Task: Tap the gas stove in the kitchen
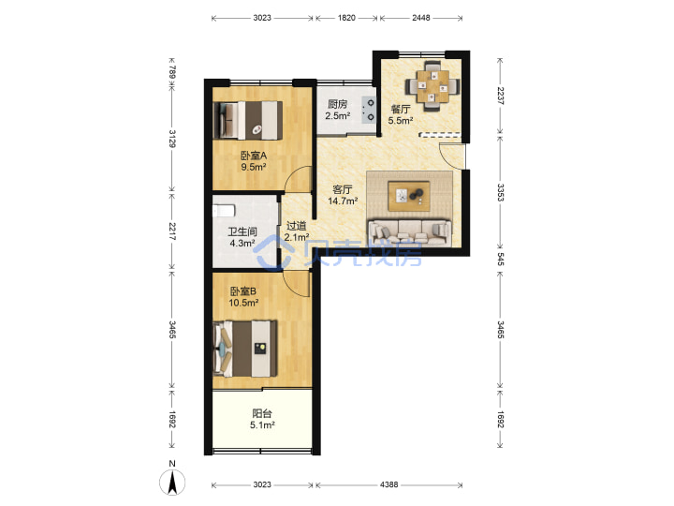point(369,110)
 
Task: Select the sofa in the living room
point(410,232)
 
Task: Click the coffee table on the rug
point(409,196)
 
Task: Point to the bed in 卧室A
point(248,121)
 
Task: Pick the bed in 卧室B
point(245,349)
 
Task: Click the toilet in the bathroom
point(224,211)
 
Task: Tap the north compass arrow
point(172,483)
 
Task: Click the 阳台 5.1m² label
point(262,419)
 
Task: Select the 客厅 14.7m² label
point(343,195)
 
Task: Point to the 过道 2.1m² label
point(296,231)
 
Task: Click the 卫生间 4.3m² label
point(242,237)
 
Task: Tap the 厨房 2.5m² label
point(337,110)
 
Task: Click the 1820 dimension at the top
point(346,18)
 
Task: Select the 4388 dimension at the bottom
point(388,484)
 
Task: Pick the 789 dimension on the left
point(172,72)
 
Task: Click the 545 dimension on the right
point(500,259)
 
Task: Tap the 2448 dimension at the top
point(421,18)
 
